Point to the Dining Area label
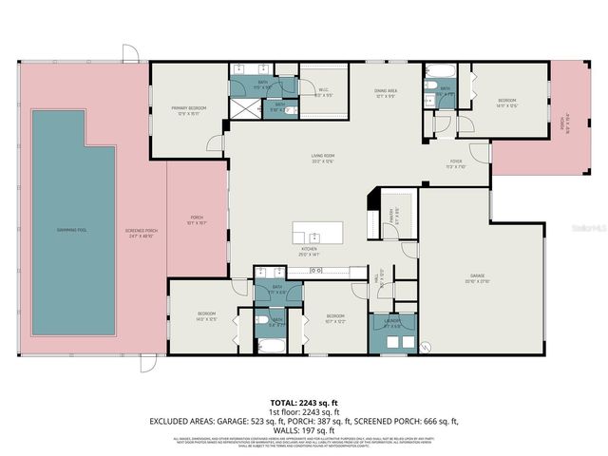(x=386, y=93)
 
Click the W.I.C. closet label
(x=323, y=93)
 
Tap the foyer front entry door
(x=482, y=151)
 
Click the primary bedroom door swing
(x=217, y=143)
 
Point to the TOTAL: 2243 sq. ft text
(x=304, y=402)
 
